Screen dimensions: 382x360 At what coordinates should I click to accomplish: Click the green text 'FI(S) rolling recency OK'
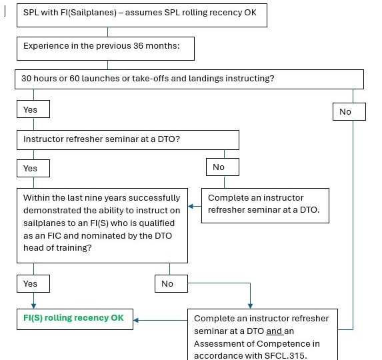(73, 318)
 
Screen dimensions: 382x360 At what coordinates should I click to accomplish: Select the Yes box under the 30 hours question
(33, 109)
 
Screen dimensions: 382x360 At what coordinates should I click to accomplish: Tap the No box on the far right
(349, 111)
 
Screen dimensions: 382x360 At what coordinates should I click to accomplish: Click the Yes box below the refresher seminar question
(33, 168)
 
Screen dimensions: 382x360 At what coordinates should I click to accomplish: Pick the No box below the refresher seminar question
(223, 167)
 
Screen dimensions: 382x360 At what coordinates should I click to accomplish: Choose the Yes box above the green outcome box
(33, 284)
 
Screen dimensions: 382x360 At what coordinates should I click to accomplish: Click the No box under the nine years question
(171, 284)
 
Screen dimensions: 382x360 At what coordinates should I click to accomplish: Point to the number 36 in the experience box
(138, 46)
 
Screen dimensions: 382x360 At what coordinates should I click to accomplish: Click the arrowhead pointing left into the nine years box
(191, 206)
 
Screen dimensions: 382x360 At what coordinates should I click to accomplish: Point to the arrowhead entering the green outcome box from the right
(136, 320)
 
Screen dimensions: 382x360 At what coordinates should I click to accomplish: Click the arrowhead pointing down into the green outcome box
(33, 306)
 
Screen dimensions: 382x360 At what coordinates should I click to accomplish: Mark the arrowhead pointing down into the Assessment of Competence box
(250, 306)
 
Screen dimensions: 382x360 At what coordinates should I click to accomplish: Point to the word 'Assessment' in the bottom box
(224, 344)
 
